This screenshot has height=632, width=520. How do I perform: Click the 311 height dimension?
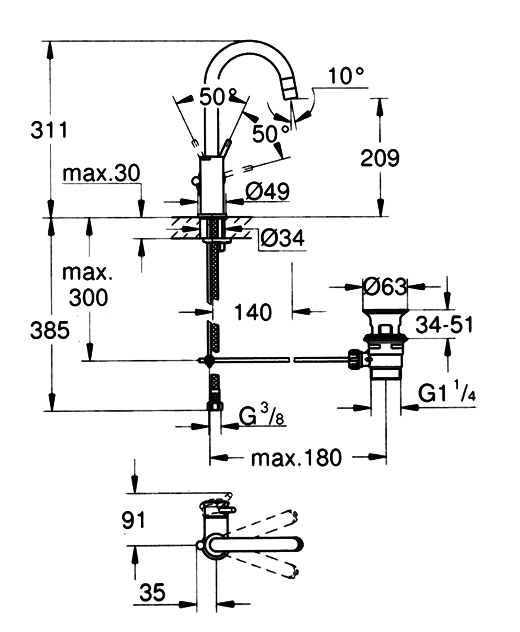click(x=49, y=130)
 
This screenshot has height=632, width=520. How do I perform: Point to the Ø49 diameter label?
click(x=267, y=191)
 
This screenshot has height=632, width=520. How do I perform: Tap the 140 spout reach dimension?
click(x=253, y=312)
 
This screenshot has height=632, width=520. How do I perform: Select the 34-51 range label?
click(x=444, y=325)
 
